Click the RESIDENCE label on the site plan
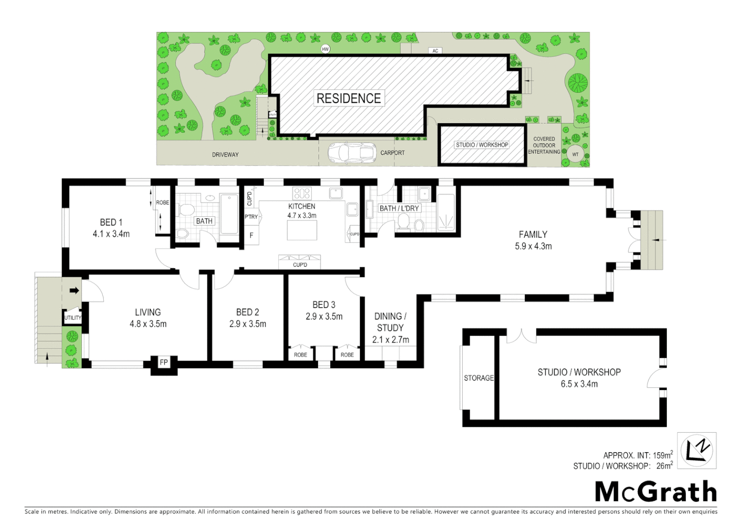point(348,98)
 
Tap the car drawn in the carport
point(352,152)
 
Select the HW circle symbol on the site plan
point(325,49)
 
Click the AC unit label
point(435,51)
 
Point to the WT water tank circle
point(575,155)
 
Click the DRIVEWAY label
point(225,155)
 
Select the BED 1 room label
point(111,222)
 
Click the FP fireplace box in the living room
point(164,362)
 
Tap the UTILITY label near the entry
point(73,318)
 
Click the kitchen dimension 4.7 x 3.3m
point(302,215)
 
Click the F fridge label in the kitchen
point(251,235)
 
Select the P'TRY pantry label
point(251,217)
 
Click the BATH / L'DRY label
point(399,208)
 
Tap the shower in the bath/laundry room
point(446,213)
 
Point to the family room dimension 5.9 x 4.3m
point(533,246)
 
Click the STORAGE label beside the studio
point(479,378)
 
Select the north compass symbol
point(696,451)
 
